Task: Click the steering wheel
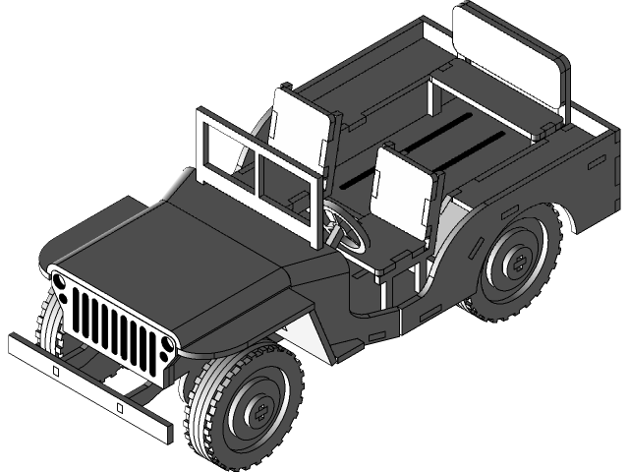[x=346, y=228]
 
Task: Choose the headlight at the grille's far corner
[x=60, y=285]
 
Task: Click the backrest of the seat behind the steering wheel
[x=300, y=132]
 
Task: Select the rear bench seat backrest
[x=511, y=64]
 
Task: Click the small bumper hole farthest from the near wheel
[x=56, y=372]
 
